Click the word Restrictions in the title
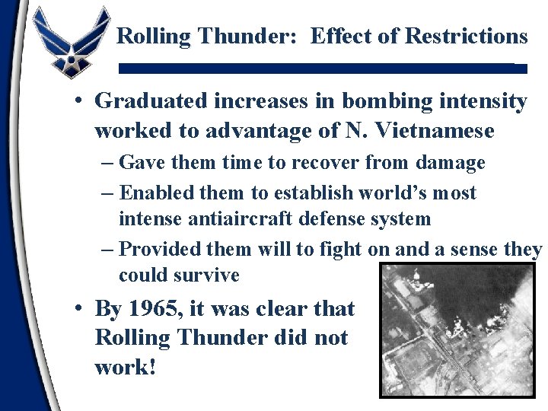[467, 36]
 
